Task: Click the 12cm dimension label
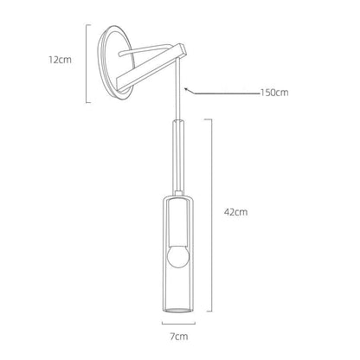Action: pyautogui.click(x=60, y=60)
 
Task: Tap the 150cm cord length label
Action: pyautogui.click(x=274, y=93)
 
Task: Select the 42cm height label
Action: pyautogui.click(x=235, y=212)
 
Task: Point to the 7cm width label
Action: pyautogui.click(x=179, y=337)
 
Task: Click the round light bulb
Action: pyautogui.click(x=177, y=257)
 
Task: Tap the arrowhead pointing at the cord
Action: pyautogui.click(x=187, y=90)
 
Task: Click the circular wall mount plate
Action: pyautogui.click(x=116, y=62)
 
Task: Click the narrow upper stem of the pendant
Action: pyautogui.click(x=178, y=156)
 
